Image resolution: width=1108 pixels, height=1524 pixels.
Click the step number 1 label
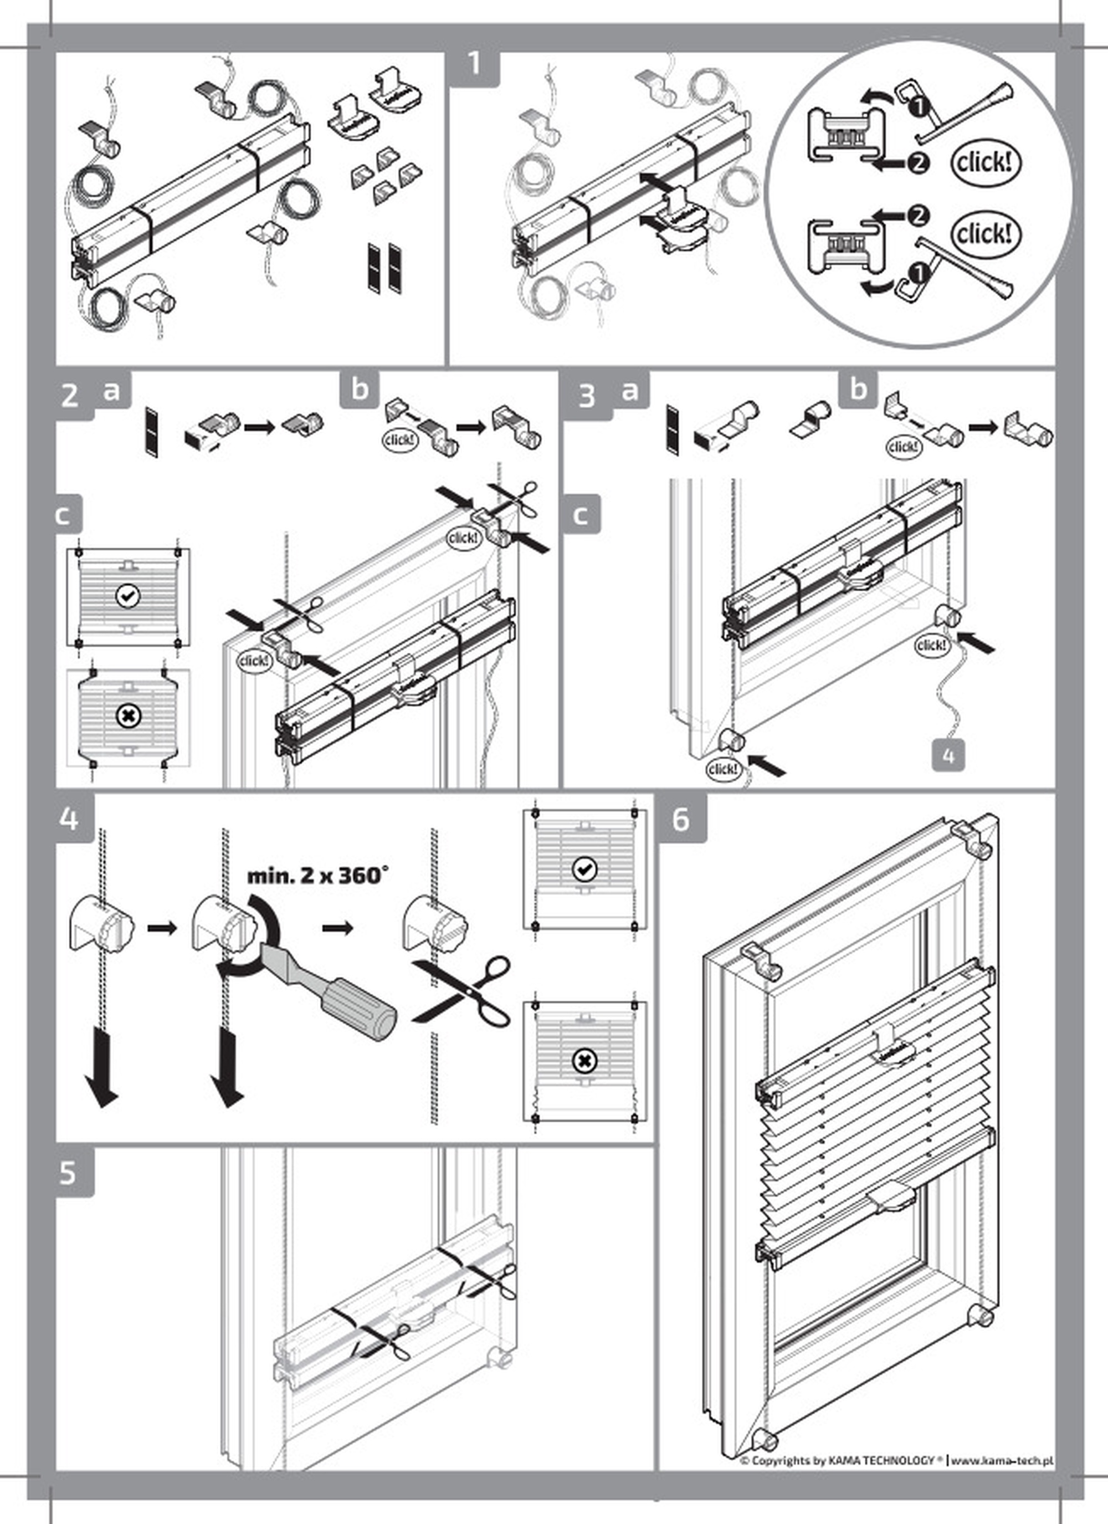click(x=474, y=64)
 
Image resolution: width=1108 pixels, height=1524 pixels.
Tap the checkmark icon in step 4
click(x=583, y=870)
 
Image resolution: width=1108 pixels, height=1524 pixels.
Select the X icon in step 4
click(x=583, y=1061)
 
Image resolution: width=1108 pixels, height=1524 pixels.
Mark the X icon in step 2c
click(x=127, y=717)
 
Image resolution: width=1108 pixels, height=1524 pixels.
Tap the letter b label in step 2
click(x=360, y=389)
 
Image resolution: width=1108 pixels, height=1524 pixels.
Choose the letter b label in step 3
click(x=858, y=389)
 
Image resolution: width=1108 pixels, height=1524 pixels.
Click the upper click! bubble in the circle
click(x=984, y=162)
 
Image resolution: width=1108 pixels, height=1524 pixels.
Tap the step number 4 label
click(x=69, y=819)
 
